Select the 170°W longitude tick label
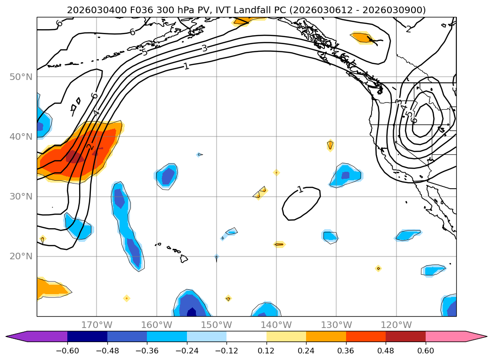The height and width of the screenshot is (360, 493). click(97, 325)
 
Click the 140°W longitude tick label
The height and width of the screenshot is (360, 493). click(276, 325)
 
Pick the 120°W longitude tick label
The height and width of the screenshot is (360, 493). click(396, 325)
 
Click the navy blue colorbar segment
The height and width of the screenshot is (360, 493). click(87, 336)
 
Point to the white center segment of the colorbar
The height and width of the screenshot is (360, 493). click(246, 336)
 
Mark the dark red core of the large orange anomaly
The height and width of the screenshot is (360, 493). click(75, 157)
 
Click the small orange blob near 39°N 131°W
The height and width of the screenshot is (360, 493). click(330, 145)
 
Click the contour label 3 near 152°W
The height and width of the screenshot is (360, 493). click(204, 48)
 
